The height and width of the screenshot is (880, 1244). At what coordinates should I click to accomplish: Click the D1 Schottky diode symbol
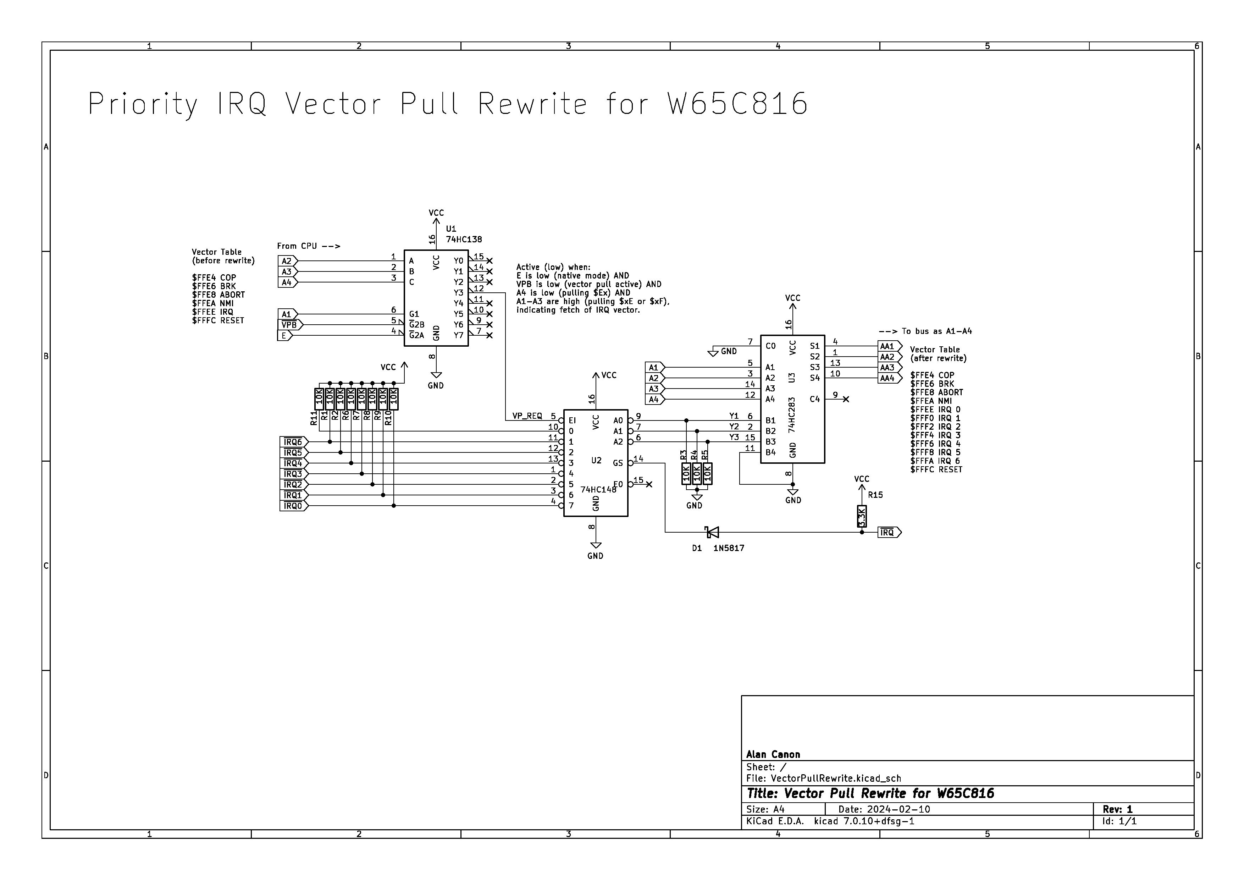point(712,532)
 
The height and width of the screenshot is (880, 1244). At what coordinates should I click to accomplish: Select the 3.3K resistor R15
point(862,516)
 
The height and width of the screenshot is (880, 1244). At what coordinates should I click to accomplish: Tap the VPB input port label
point(290,325)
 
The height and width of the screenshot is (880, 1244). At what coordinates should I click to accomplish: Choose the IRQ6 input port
point(293,442)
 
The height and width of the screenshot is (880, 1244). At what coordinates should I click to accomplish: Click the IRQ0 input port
point(293,506)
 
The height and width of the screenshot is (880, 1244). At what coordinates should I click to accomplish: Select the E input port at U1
point(284,335)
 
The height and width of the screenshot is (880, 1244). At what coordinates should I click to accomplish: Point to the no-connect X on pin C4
point(846,399)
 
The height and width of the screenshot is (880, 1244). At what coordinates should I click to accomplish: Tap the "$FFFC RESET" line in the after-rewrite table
point(936,469)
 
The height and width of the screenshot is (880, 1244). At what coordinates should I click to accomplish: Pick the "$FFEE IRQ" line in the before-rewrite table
point(212,312)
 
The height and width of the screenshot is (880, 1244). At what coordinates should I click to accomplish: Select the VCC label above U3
point(793,298)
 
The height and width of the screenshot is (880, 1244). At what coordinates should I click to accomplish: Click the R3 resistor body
point(686,474)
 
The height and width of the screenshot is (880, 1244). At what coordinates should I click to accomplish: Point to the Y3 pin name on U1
point(458,293)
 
